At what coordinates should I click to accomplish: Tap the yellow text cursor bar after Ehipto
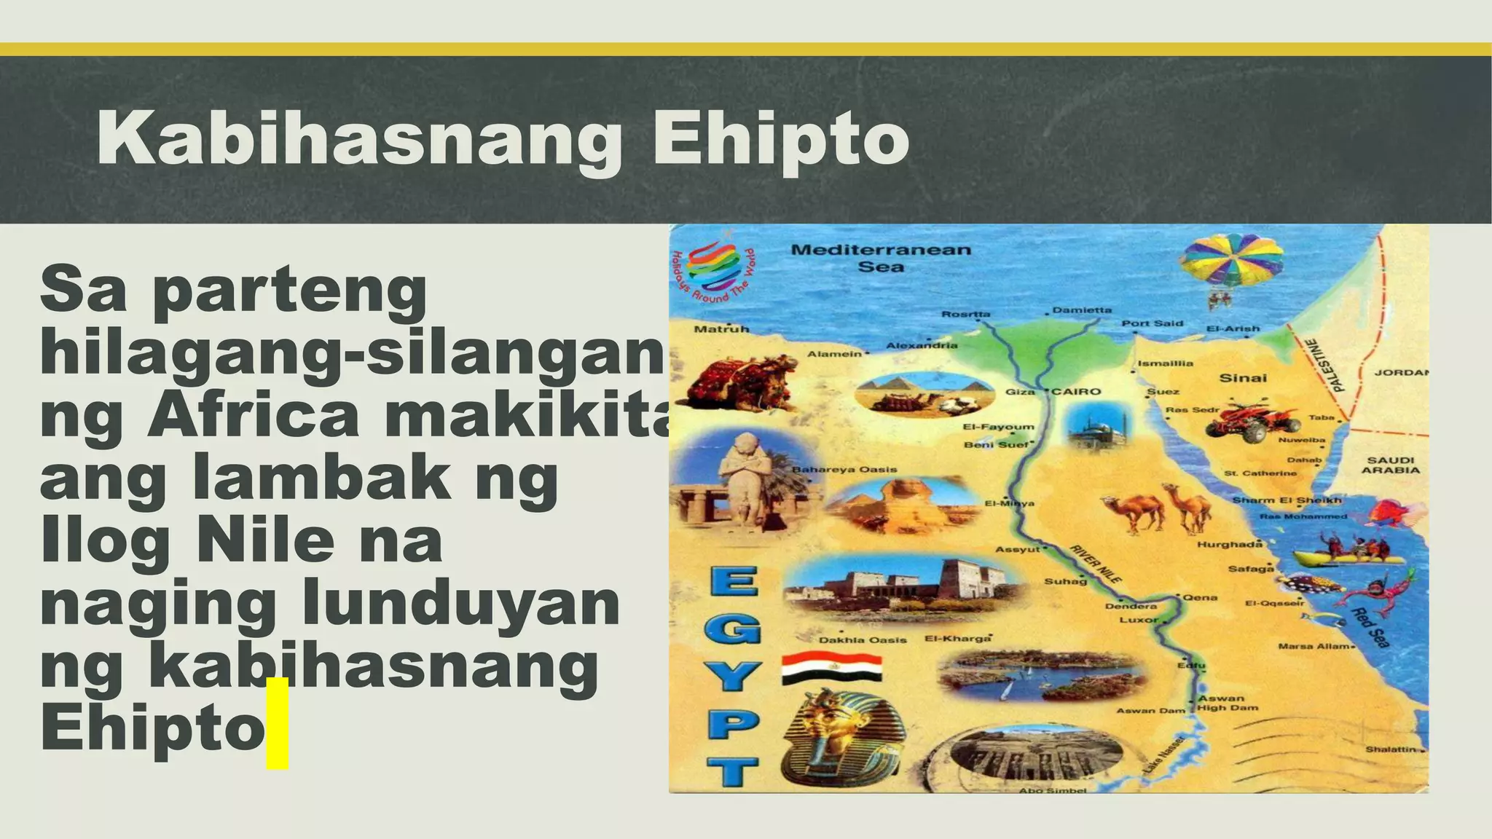point(277,722)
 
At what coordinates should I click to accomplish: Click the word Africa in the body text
point(253,415)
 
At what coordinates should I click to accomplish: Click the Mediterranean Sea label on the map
point(881,258)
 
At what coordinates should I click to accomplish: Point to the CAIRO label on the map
point(1076,392)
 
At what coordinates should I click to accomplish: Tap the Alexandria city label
point(922,345)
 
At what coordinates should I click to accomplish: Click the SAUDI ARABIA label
point(1390,465)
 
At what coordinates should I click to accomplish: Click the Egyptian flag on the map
point(831,668)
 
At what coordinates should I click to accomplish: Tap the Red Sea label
point(1370,627)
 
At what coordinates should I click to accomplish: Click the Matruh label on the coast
point(721,329)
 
